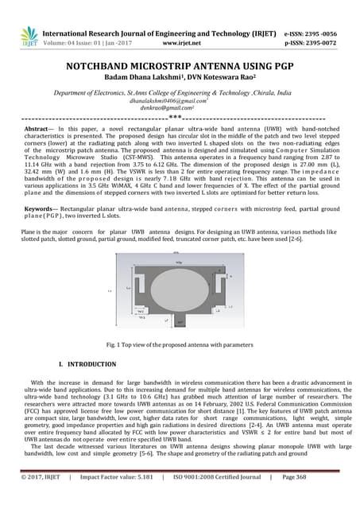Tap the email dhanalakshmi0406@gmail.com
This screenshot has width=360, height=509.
[x=179, y=102]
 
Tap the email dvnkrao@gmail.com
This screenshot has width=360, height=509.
[x=180, y=108]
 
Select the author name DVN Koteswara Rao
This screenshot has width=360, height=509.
[x=222, y=80]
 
